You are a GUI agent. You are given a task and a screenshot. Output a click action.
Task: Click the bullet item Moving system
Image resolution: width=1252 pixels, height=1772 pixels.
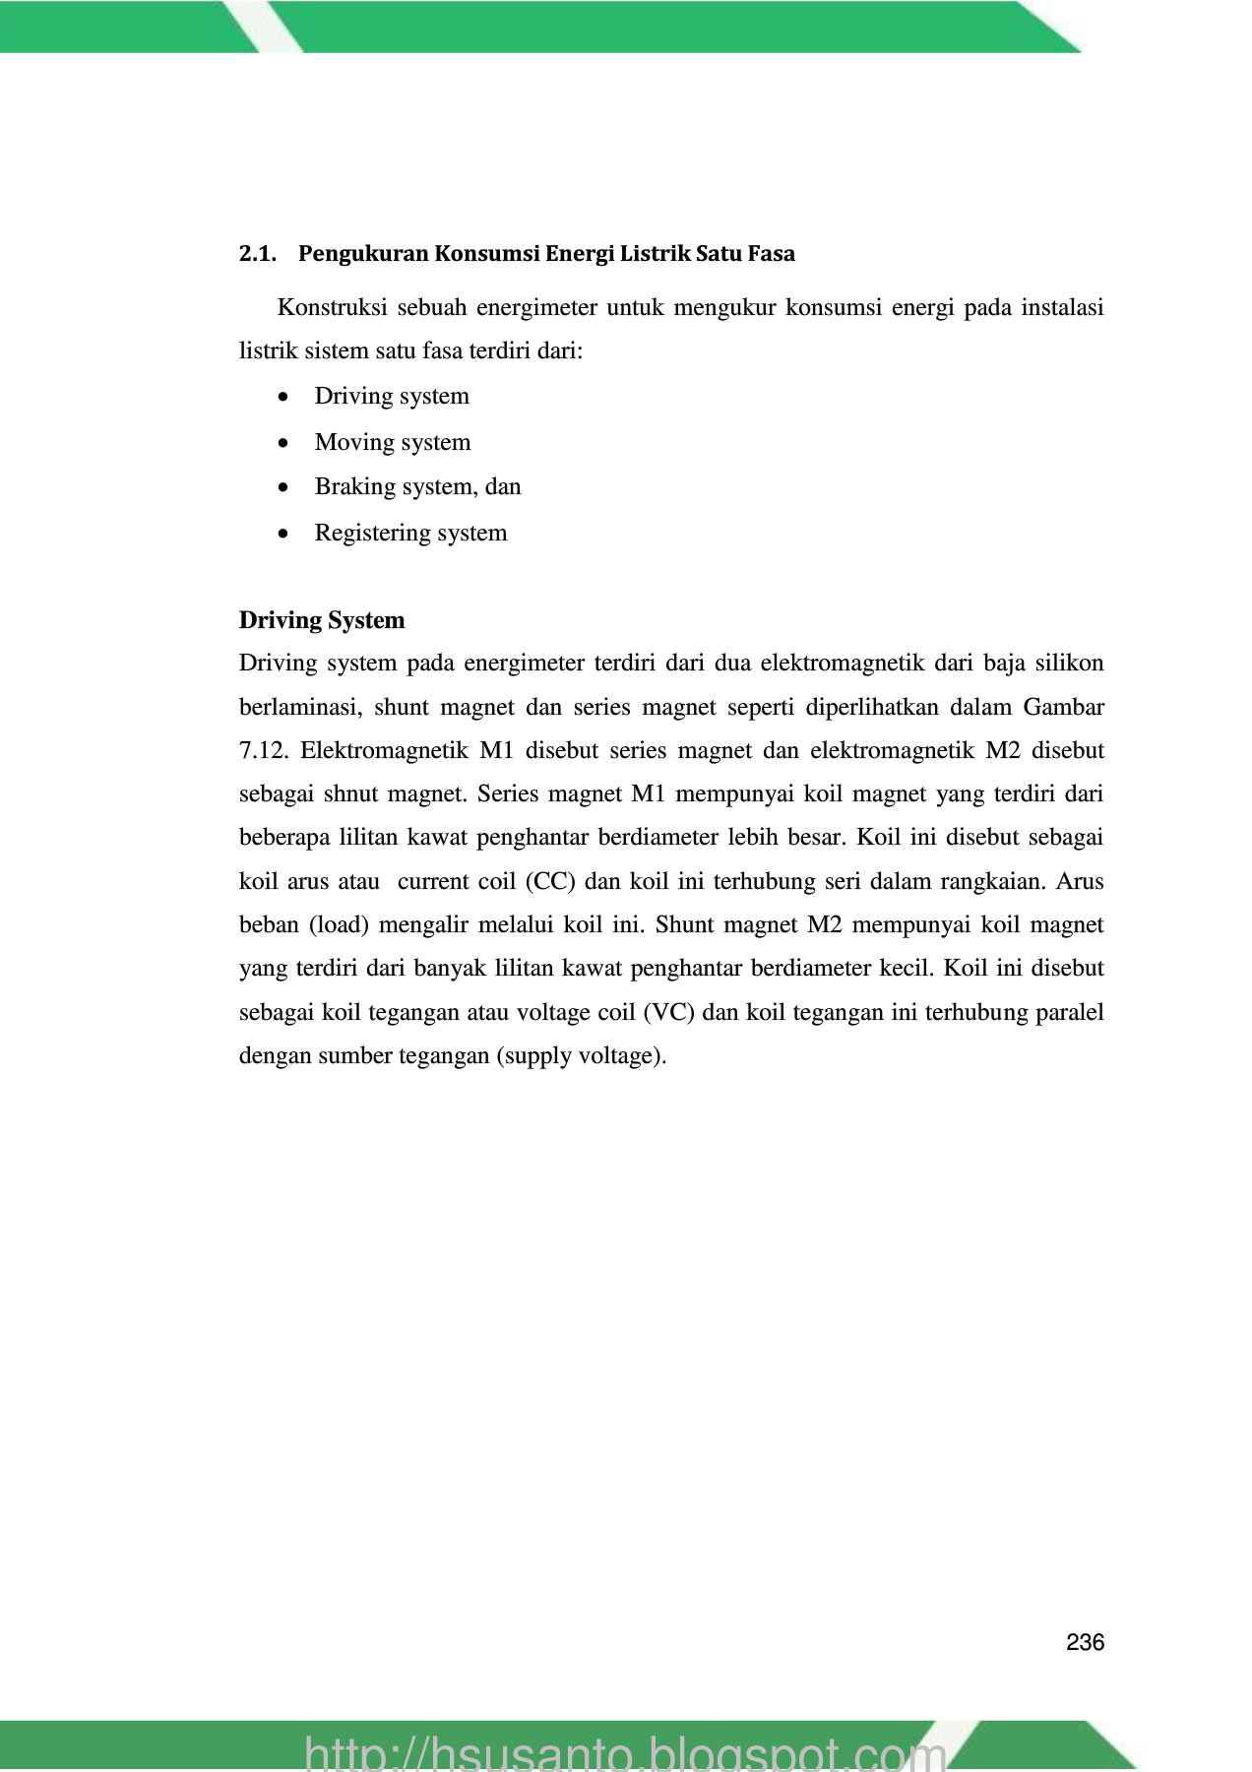(393, 442)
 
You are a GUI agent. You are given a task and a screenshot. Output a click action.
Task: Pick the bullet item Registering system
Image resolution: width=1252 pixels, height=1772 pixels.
(410, 533)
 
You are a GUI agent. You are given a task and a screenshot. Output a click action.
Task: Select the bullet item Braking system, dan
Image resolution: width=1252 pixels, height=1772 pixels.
(417, 486)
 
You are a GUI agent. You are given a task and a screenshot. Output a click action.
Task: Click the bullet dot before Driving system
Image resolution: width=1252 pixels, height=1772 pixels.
(283, 397)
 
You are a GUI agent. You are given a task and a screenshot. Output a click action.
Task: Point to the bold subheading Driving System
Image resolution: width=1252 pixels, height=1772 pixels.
(322, 620)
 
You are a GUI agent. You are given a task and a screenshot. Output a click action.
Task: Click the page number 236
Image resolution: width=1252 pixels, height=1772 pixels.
(1085, 1642)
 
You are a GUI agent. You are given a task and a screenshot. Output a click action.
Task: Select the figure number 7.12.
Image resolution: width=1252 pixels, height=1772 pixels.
(264, 750)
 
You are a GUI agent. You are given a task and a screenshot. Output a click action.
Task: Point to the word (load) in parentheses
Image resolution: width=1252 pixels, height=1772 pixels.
(339, 924)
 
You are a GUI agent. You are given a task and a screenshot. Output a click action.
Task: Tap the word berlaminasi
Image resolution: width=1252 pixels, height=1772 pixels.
(300, 707)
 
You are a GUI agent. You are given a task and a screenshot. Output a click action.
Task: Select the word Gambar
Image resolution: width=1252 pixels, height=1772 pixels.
(1064, 707)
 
